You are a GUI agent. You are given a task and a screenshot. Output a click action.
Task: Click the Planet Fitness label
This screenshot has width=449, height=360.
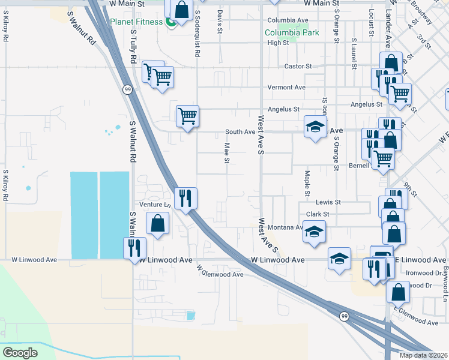(x=136, y=22)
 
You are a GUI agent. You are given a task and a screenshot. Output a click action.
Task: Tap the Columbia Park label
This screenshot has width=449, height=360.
(x=284, y=32)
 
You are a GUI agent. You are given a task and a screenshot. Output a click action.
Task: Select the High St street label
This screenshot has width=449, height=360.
(x=278, y=43)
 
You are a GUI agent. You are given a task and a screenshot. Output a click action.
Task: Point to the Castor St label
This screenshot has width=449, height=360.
(x=298, y=66)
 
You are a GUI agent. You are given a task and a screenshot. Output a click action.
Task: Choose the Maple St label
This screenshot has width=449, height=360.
(x=307, y=178)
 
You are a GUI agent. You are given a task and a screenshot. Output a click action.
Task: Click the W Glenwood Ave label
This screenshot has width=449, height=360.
(x=220, y=274)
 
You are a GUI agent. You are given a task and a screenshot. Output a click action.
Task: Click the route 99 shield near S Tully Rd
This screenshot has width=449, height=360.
(x=128, y=89)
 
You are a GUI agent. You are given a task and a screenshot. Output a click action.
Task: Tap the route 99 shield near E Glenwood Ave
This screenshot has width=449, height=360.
(x=344, y=316)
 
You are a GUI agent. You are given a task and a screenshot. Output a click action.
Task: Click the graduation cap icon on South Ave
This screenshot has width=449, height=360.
(x=315, y=127)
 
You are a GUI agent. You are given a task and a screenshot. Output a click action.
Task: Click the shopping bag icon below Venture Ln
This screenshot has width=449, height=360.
(x=157, y=223)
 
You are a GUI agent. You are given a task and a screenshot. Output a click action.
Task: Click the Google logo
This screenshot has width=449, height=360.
(x=20, y=352)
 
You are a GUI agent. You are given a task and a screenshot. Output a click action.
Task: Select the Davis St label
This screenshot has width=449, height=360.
(x=220, y=22)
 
